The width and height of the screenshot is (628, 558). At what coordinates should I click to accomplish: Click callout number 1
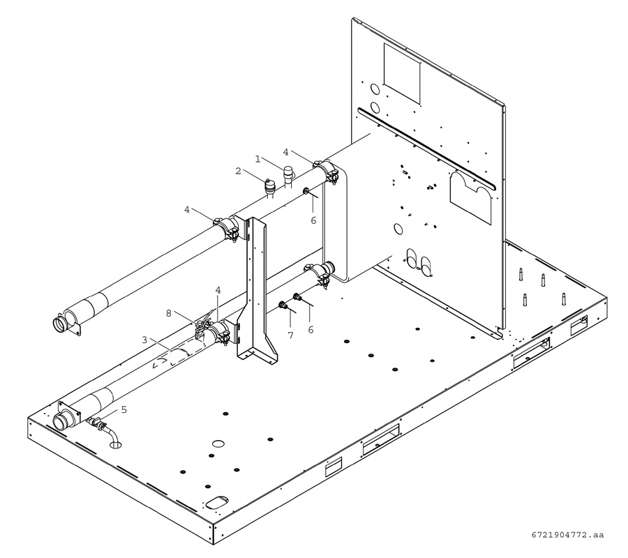(x=258, y=159)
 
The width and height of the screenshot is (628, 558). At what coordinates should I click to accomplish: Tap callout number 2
(x=239, y=171)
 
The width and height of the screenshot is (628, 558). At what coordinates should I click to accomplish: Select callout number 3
(x=144, y=340)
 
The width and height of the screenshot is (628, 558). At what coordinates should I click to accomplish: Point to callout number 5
(x=124, y=409)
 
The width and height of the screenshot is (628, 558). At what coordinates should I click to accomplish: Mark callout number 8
(x=169, y=313)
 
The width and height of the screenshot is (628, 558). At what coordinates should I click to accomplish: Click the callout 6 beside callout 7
(x=311, y=329)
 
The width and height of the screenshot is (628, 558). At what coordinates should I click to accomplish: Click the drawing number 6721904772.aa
(x=567, y=535)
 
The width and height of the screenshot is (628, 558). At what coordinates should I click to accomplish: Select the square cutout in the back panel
(x=402, y=73)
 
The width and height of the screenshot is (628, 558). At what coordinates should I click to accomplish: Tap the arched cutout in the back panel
(x=470, y=197)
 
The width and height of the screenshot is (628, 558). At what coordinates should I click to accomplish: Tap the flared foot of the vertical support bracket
(x=257, y=352)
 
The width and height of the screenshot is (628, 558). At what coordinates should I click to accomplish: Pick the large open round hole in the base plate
(x=218, y=443)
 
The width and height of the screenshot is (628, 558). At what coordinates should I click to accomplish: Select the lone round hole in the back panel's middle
(x=398, y=229)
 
